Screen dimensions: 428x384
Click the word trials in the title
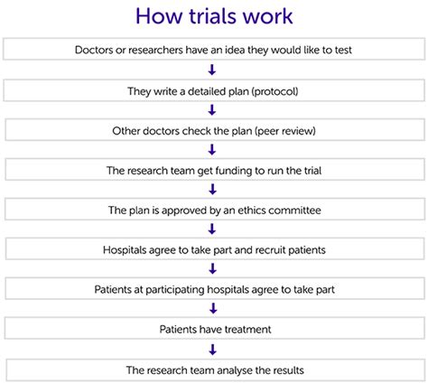213,16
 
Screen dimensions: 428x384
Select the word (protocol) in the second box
275,91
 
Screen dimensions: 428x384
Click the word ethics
251,210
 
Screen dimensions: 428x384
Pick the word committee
294,211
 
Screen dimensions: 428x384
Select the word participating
175,290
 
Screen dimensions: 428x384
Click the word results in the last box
287,370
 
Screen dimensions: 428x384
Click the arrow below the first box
212,70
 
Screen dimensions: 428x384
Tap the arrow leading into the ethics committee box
212,189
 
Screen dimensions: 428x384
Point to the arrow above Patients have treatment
213,308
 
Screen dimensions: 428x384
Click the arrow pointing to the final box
213,350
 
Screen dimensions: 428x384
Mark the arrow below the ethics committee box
212,229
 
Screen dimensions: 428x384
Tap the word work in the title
267,16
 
